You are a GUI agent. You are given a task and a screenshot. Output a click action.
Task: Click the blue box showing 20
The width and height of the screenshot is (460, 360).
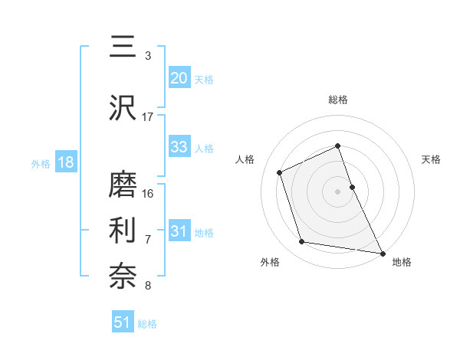click(x=179, y=78)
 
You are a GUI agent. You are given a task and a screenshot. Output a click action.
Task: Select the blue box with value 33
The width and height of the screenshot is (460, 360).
click(x=179, y=147)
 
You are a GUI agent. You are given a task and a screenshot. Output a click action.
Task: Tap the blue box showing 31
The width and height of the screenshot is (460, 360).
click(x=179, y=231)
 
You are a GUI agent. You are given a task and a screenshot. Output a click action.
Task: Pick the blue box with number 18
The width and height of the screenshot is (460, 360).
click(x=65, y=162)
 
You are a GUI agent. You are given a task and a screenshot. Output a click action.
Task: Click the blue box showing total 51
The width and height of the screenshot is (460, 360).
click(x=123, y=322)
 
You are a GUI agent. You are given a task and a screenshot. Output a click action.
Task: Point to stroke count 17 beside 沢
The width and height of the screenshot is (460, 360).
click(x=148, y=116)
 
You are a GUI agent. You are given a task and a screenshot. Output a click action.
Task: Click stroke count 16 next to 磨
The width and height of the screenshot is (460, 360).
click(x=148, y=193)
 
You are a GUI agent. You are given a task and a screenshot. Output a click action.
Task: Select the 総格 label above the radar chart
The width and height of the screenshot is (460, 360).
click(x=338, y=100)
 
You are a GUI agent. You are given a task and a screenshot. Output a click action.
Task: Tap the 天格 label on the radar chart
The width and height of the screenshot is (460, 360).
click(x=432, y=159)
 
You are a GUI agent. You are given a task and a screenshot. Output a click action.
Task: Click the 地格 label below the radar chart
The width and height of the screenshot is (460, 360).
click(x=402, y=262)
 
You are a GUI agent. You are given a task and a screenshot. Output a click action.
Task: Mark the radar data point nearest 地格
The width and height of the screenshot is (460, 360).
click(x=383, y=252)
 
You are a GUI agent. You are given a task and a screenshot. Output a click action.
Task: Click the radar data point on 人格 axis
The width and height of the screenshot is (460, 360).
click(x=281, y=172)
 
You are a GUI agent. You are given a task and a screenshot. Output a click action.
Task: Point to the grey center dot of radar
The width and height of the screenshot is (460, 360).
click(x=338, y=191)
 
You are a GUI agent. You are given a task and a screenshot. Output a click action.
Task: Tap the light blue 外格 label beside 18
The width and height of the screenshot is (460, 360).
click(x=41, y=163)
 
